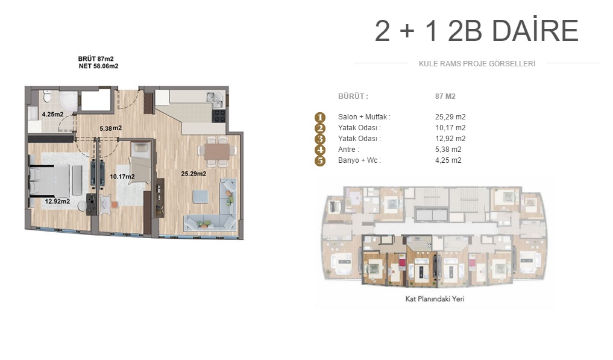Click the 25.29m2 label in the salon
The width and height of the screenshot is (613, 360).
193,173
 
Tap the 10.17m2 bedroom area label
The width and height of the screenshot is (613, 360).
122,177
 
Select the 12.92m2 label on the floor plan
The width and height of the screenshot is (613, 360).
57,201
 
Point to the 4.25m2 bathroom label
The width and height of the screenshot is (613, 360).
53,114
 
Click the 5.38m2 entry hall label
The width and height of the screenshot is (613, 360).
111,128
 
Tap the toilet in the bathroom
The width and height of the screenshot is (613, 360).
47,95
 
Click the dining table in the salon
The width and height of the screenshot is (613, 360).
217,151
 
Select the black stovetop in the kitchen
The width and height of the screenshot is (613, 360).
219,115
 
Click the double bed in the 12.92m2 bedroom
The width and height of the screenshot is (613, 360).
49,180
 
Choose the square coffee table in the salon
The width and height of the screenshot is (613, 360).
201,197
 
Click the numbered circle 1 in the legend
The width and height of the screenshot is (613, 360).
320,117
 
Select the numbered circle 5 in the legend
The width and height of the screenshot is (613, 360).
320,161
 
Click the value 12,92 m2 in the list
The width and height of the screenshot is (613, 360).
450,139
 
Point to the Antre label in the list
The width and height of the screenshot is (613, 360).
348,150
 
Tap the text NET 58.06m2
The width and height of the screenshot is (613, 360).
98,66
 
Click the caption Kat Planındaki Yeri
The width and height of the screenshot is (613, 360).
435,299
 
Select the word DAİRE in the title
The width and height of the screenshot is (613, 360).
535,31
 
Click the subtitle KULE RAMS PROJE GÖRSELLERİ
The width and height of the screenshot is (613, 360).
477,64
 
